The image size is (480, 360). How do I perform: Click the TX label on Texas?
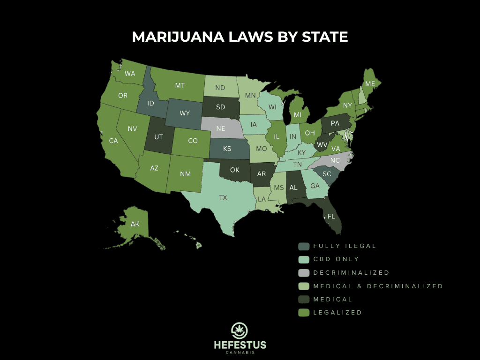point(223,198)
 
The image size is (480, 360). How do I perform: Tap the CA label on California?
point(113,141)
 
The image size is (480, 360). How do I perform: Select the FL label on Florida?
point(331,217)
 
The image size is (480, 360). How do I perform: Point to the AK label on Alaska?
point(135,225)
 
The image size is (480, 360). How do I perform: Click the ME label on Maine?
point(370,84)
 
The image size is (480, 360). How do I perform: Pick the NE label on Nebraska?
point(220,127)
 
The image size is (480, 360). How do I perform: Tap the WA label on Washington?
point(130,74)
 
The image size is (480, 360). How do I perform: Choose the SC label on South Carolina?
point(327,174)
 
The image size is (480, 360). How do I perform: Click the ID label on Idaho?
point(151,103)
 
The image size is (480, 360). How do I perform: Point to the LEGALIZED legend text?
point(337,313)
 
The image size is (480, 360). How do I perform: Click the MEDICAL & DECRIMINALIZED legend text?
point(378,286)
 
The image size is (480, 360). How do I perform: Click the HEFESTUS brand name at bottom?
point(240,345)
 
